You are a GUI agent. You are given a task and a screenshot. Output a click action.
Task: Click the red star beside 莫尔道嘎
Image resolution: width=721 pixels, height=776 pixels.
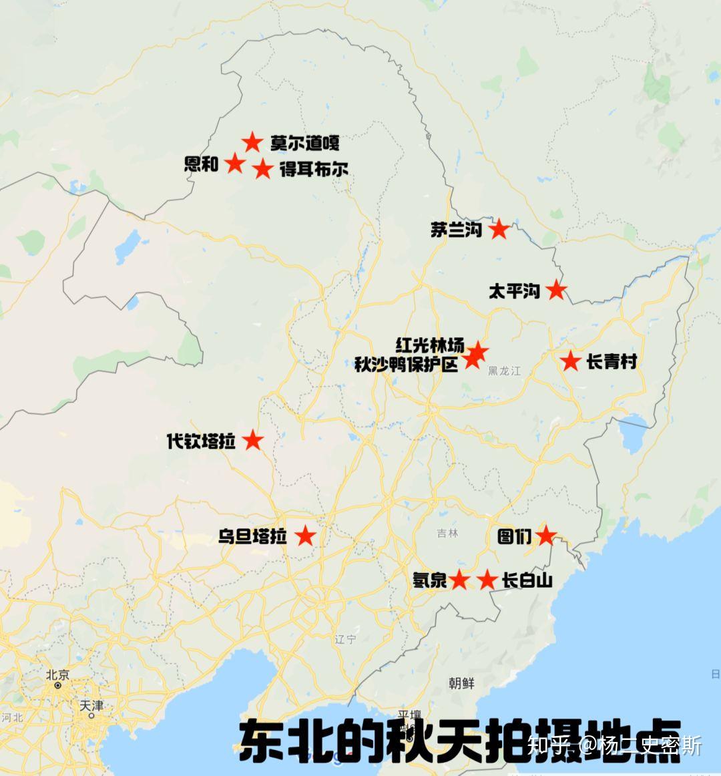[252, 142]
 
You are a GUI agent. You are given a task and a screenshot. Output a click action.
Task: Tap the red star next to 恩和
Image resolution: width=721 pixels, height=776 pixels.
[234, 163]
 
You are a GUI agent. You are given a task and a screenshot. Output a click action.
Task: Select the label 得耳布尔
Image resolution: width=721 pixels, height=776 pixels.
[314, 170]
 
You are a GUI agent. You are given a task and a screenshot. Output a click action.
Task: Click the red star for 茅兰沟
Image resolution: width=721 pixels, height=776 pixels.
[499, 229]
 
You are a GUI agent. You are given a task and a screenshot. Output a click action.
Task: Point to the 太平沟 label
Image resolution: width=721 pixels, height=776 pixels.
[514, 291]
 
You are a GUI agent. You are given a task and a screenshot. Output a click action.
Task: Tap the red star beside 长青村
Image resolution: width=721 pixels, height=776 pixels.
[570, 361]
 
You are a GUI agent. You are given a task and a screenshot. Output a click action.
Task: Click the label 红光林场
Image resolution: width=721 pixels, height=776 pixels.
[429, 345]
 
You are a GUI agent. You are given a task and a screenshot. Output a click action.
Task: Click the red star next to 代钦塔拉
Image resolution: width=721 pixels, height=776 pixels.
[252, 440]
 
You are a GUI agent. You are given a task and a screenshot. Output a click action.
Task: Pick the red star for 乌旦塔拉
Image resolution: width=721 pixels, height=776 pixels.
[305, 536]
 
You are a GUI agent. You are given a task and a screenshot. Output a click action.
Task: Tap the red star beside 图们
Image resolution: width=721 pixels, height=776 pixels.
[546, 535]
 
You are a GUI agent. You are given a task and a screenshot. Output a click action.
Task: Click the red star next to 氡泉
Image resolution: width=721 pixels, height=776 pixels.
[459, 580]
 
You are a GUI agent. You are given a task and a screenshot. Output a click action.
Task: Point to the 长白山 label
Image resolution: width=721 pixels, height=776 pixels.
[527, 580]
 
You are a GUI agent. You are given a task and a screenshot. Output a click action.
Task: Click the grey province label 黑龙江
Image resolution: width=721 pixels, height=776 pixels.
[504, 371]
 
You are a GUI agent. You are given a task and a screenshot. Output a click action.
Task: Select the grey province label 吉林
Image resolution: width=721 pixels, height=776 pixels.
[448, 533]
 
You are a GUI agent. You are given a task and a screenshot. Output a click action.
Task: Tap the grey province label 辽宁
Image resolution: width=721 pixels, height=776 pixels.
[346, 639]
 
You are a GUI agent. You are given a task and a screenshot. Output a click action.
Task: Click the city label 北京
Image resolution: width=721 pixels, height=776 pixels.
[57, 674]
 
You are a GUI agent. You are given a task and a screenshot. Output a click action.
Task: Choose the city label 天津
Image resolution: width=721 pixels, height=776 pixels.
[91, 705]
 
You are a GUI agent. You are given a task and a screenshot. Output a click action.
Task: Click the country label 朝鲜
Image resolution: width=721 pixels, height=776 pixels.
[461, 683]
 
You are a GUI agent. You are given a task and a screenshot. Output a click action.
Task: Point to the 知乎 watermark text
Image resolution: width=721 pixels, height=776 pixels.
[549, 745]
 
